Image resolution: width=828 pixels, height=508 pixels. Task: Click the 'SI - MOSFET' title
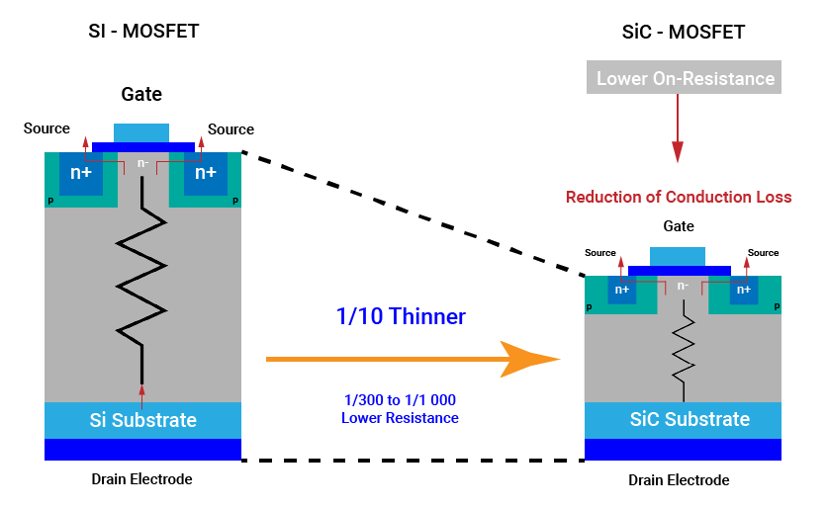(x=143, y=31)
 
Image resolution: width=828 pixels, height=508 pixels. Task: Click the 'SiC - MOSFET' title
(x=679, y=33)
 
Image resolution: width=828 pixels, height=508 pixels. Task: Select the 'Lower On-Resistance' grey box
(x=685, y=78)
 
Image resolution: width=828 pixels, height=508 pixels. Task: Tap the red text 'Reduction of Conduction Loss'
(x=679, y=197)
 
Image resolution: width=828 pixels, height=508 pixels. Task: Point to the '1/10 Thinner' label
(x=400, y=317)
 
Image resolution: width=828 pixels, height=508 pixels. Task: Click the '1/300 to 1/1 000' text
(x=400, y=399)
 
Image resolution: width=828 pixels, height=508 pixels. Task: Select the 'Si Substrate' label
(x=142, y=420)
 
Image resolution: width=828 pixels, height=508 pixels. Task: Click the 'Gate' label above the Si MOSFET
(x=141, y=95)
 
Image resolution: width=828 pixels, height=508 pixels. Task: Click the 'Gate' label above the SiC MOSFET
(x=679, y=226)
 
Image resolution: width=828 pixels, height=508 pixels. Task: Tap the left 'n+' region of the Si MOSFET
(x=81, y=173)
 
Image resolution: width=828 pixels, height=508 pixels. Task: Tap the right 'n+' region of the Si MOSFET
(x=206, y=173)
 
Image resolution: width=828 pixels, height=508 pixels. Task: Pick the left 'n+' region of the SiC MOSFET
(x=622, y=290)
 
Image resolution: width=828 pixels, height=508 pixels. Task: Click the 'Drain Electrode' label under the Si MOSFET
(x=142, y=479)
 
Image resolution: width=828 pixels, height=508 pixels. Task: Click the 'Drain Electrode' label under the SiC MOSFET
(x=679, y=480)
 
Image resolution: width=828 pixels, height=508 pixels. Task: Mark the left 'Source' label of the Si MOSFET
(x=47, y=128)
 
